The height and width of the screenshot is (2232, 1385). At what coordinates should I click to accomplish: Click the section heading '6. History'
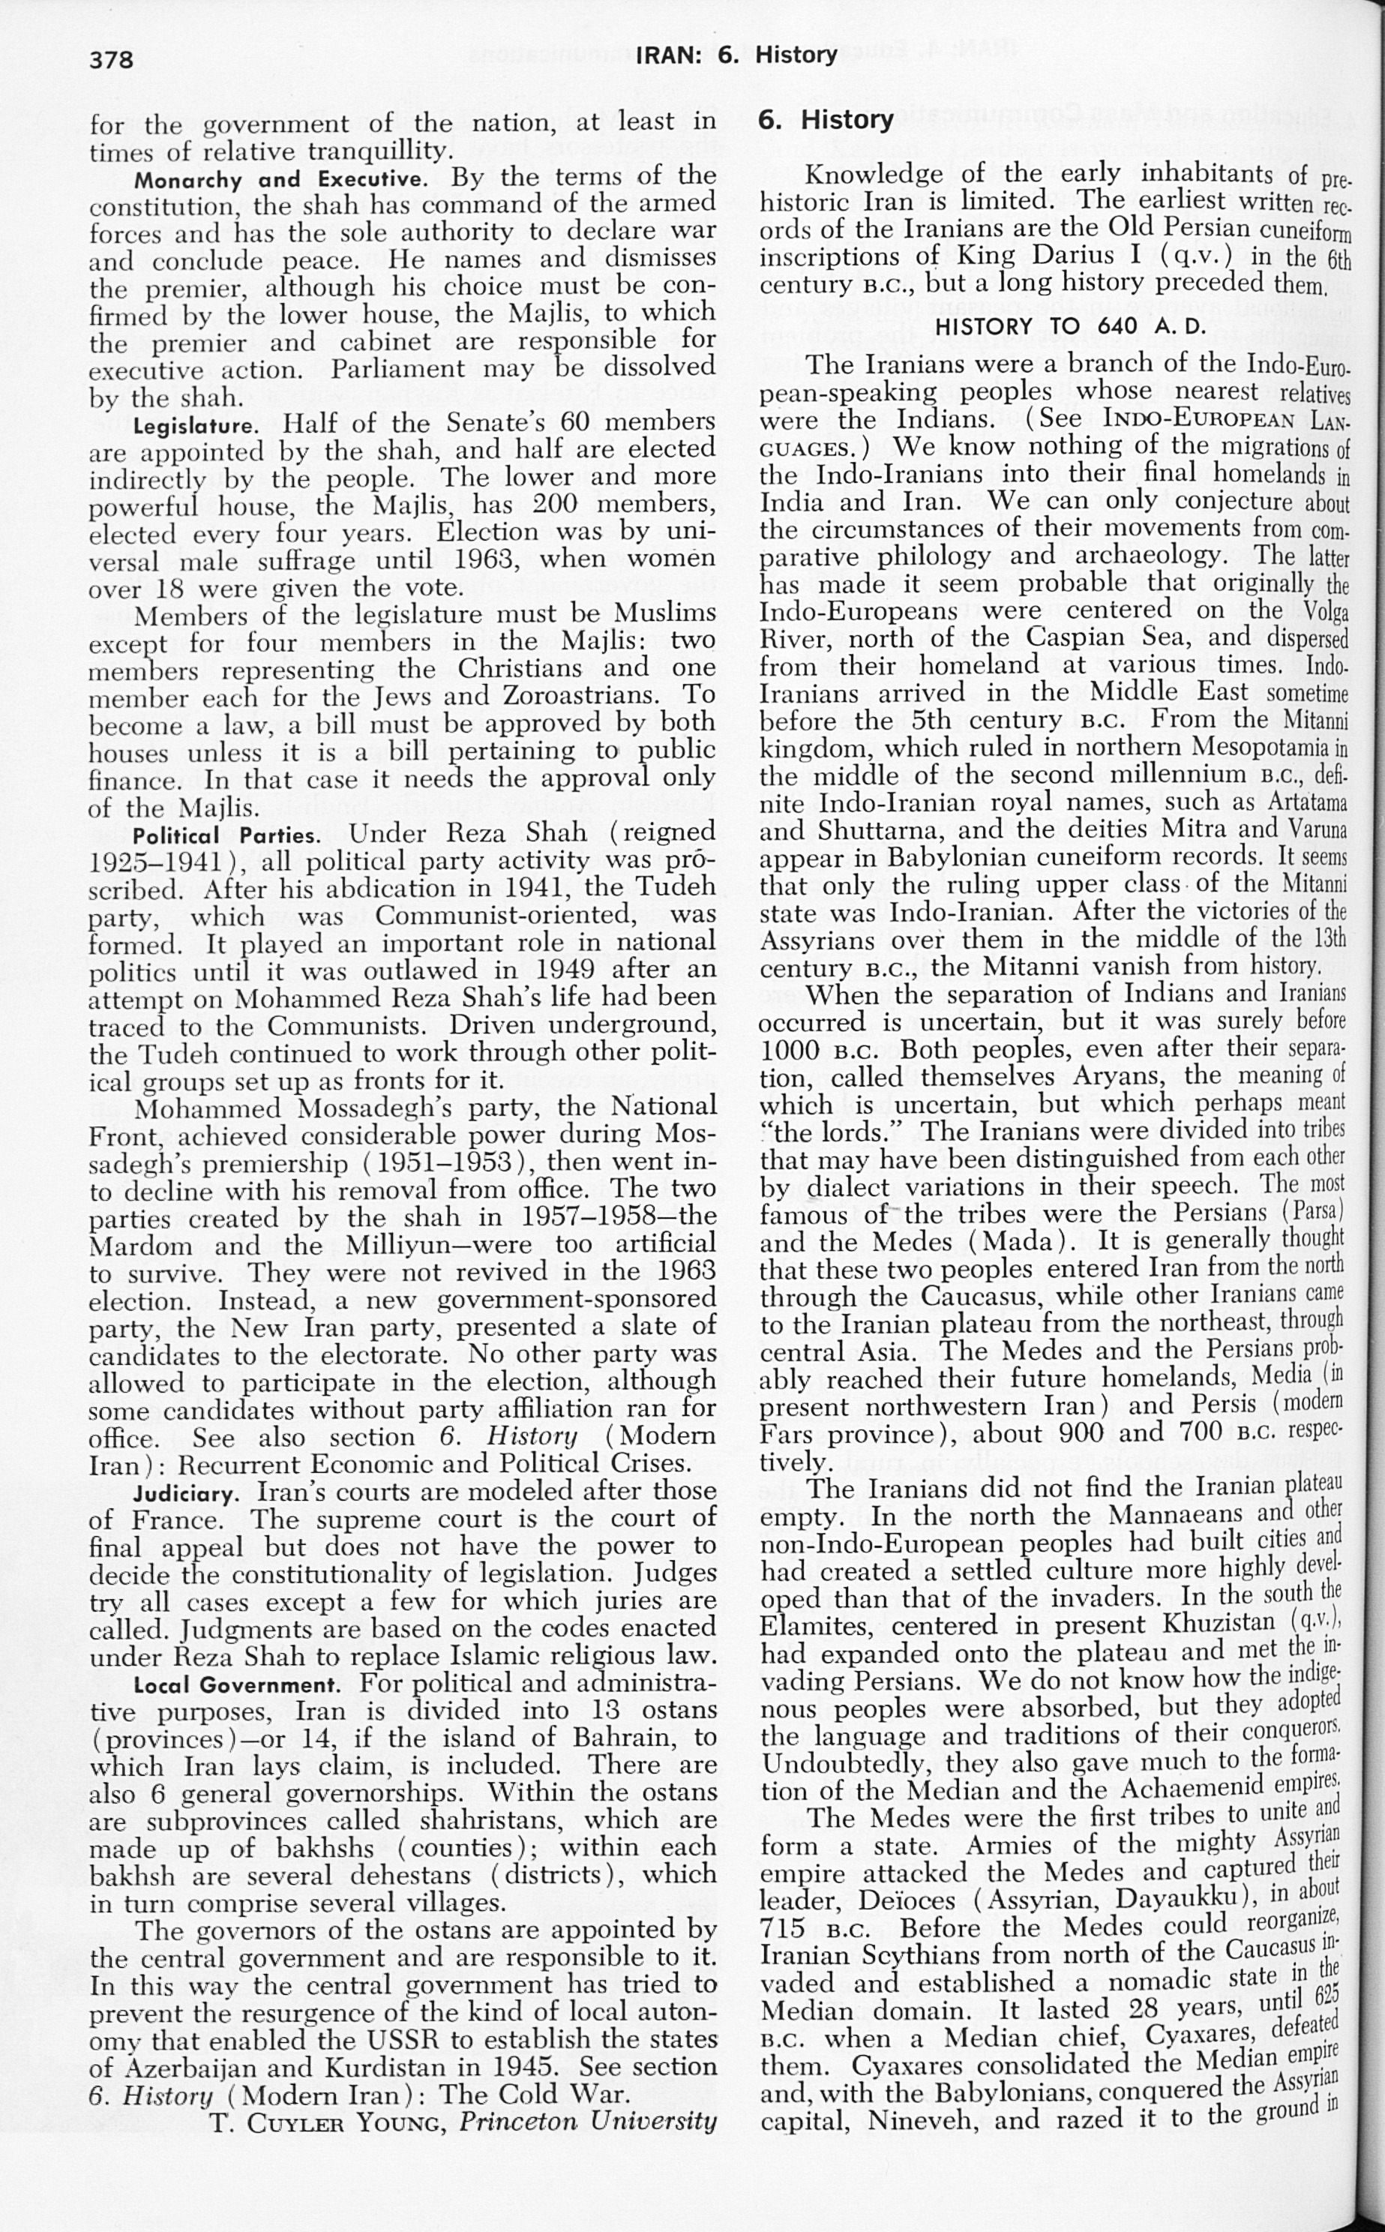click(826, 120)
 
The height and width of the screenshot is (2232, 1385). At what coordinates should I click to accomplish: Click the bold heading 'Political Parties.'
click(226, 836)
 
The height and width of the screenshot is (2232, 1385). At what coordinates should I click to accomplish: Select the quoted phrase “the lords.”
click(822, 1132)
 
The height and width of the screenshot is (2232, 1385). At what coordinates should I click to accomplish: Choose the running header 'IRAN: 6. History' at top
click(736, 55)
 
